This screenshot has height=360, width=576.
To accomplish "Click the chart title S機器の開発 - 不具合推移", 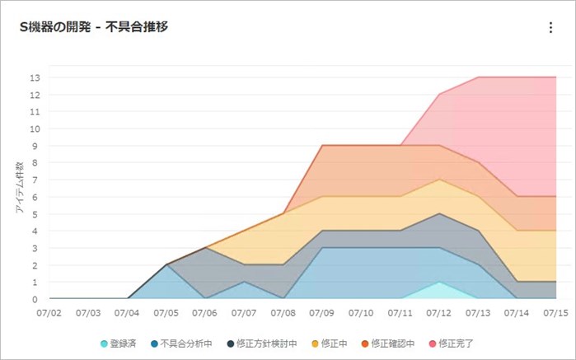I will [94, 27].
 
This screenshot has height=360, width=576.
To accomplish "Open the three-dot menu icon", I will [550, 27].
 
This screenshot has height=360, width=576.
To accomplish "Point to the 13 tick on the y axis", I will [35, 77].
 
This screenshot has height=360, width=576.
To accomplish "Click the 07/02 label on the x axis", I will [49, 314].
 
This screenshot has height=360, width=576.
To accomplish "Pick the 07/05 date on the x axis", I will [166, 314].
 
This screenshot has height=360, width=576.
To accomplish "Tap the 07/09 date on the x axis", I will [322, 314].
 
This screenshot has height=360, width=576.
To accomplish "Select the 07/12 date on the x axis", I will [439, 314].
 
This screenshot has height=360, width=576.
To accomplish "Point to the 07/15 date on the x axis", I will [556, 314].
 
